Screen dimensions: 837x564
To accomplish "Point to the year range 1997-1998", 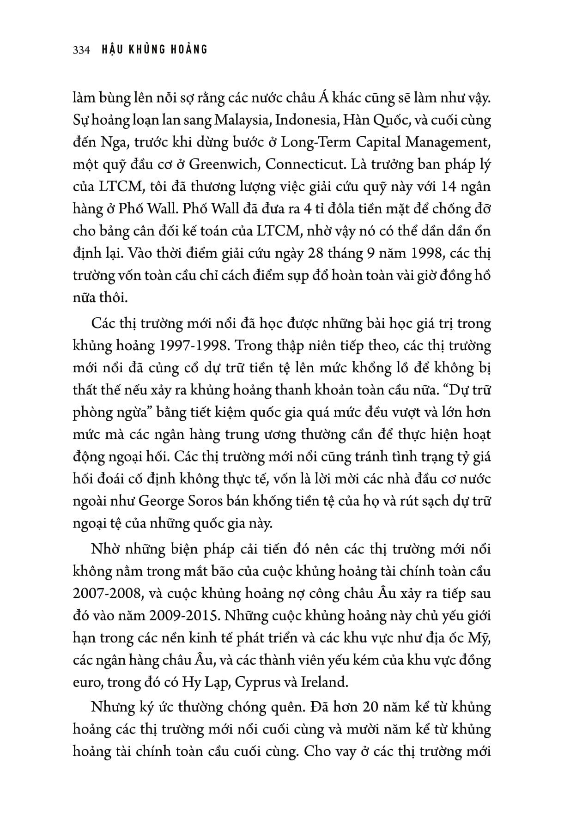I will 165,346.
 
